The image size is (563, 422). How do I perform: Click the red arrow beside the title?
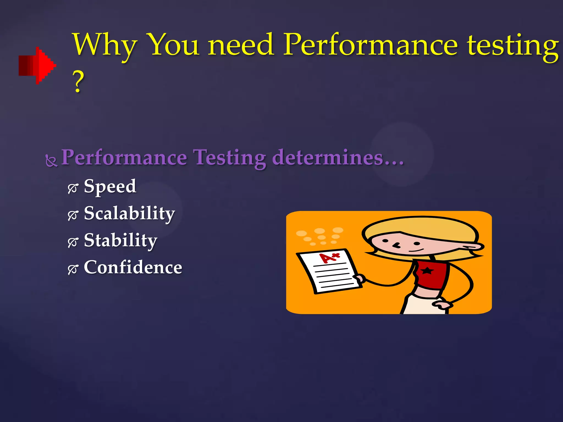[37, 65]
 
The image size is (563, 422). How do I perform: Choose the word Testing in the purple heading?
[230, 158]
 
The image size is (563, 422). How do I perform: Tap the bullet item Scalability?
[129, 214]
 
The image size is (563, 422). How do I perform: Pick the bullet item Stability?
[120, 241]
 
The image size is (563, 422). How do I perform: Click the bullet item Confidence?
[133, 267]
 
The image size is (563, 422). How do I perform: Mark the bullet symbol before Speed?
[73, 188]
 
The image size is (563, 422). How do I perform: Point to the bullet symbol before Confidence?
[73, 270]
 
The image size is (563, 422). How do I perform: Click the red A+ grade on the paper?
[329, 257]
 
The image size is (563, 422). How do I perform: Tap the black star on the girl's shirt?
[427, 271]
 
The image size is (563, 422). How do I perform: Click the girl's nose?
[397, 245]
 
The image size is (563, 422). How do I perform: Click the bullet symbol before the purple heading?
[51, 161]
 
